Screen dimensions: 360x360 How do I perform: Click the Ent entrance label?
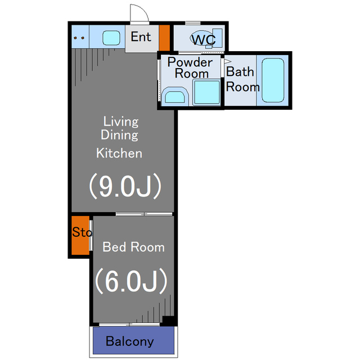click(x=141, y=37)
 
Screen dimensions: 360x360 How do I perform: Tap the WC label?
click(x=204, y=39)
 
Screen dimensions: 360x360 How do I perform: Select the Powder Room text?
click(x=190, y=67)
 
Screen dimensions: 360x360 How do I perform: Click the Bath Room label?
click(x=242, y=79)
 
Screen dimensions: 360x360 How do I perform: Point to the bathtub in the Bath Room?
click(x=273, y=80)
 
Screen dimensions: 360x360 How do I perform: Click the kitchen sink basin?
click(x=111, y=38)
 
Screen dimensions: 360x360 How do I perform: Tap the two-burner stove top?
click(x=80, y=37)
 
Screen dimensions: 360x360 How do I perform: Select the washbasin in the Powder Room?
click(x=175, y=96)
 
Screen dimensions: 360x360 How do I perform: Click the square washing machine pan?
click(x=206, y=92)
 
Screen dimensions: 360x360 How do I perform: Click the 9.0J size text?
click(x=125, y=186)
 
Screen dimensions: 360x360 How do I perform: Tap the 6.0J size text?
click(x=131, y=281)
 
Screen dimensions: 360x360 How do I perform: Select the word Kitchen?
click(x=119, y=153)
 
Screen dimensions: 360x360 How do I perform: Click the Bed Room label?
click(x=133, y=247)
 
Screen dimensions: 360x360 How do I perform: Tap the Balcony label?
click(x=130, y=341)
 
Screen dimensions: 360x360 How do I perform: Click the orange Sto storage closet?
click(x=80, y=235)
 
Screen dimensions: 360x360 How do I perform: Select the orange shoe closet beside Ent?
click(x=164, y=38)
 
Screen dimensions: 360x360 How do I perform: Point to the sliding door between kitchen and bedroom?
click(x=144, y=214)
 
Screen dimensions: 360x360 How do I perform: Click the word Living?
click(x=121, y=121)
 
